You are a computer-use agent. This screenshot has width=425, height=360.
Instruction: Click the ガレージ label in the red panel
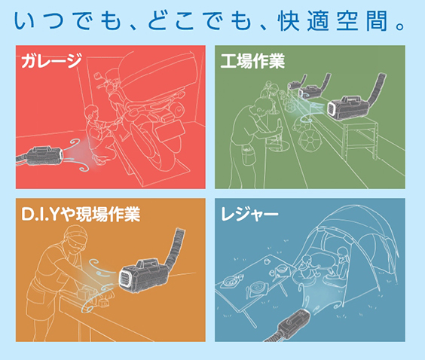click(52, 60)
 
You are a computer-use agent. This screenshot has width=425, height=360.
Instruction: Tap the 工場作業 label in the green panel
click(252, 61)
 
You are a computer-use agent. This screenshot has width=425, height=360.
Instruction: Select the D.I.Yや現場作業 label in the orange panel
click(81, 214)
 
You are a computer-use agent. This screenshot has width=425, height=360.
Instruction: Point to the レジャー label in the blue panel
click(249, 214)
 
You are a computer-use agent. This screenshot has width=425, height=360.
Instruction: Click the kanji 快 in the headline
click(289, 21)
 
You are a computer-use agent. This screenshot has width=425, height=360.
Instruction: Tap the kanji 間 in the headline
click(376, 21)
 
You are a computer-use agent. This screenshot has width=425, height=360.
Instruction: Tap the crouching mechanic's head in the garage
click(91, 113)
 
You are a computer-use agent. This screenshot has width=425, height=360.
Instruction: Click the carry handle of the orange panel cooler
click(148, 264)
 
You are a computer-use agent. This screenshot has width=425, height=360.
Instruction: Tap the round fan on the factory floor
click(309, 139)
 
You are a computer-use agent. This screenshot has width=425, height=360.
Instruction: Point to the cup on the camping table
click(267, 261)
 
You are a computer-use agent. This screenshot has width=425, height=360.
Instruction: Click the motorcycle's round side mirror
click(96, 75)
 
